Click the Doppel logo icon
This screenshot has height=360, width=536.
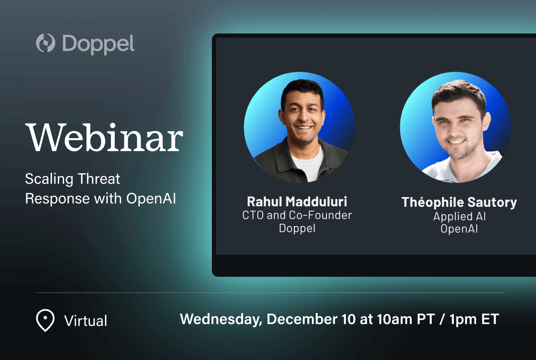point(45,43)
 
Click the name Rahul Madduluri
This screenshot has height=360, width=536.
point(297,201)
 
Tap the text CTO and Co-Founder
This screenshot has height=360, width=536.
point(297,215)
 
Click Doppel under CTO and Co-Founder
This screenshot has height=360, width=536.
point(297,229)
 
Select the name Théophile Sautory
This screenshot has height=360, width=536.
point(459,202)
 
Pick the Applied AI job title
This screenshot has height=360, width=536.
point(459,216)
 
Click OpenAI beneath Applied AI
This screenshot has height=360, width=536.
point(459,229)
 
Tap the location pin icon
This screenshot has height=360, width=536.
point(45,320)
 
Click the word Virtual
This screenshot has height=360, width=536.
point(85,321)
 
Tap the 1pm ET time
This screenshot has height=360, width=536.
point(474,319)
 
